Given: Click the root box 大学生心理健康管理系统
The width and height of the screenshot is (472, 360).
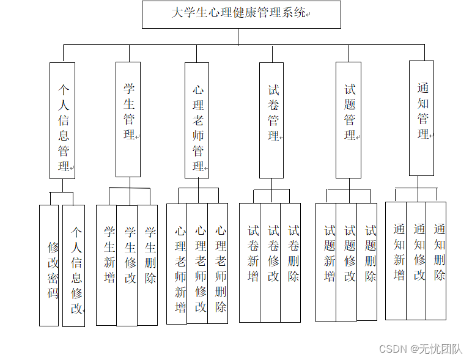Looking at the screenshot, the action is [241, 14].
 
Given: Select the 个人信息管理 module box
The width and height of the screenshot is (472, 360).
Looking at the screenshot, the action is [62, 120].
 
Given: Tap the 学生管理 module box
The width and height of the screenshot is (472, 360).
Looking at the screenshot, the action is [128, 119].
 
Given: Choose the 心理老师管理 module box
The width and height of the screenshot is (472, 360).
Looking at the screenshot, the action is [197, 120].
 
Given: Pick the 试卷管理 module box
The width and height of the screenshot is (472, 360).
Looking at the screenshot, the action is [271, 120].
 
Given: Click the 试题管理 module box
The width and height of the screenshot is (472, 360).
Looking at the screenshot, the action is [348, 120].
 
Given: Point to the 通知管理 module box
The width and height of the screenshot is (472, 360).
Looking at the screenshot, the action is [422, 118].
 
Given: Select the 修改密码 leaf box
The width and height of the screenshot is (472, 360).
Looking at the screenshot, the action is [49, 265].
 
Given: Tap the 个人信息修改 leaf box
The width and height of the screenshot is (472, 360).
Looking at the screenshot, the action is [74, 265].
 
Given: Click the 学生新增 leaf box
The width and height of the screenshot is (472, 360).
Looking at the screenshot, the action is [106, 265].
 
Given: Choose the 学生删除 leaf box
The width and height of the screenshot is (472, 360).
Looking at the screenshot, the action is [147, 265].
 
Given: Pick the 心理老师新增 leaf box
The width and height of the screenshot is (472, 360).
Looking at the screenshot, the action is [177, 263].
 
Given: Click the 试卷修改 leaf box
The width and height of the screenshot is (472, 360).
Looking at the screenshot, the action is [270, 262].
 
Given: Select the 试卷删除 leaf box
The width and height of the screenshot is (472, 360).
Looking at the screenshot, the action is [291, 262].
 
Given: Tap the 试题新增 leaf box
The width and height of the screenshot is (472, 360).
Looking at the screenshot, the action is [326, 262].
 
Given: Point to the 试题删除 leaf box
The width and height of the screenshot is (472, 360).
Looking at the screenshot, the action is [367, 262].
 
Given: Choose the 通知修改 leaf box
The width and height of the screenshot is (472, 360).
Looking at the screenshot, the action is [416, 260].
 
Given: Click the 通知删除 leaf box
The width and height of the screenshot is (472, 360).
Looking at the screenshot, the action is [437, 260].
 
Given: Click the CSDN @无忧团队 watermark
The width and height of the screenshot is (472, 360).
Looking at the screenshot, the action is [421, 349].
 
